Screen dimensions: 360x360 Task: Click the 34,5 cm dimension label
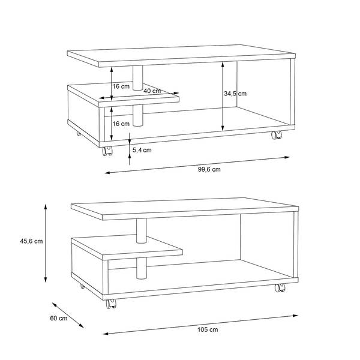pos(235,94)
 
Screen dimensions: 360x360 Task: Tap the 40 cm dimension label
pos(152,91)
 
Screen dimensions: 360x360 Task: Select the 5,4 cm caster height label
pos(142,150)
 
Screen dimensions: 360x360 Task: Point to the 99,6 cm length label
pos(209,169)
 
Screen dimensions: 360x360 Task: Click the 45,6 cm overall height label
pos(31,241)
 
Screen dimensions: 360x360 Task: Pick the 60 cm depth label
pos(59,318)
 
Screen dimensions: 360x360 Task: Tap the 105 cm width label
pos(208,329)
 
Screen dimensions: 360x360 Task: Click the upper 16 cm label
pos(121,86)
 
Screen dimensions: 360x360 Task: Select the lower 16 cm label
pos(121,124)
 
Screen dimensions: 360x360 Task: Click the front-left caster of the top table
pos(107,151)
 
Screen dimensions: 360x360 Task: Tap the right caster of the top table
pos(277,135)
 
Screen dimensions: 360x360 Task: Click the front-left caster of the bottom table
pos(111,304)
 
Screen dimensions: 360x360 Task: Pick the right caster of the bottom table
pos(280,287)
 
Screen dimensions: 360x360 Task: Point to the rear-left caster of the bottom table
pos(82,286)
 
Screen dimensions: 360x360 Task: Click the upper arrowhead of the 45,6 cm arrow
pos(46,207)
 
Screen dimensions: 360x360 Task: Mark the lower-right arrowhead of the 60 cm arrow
pos(81,326)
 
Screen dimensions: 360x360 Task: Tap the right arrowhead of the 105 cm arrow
pos(295,316)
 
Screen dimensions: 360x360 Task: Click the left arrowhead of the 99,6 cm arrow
pos(108,172)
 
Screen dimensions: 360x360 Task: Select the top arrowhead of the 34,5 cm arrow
pos(223,65)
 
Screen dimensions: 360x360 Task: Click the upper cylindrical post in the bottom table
pos(141,230)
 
